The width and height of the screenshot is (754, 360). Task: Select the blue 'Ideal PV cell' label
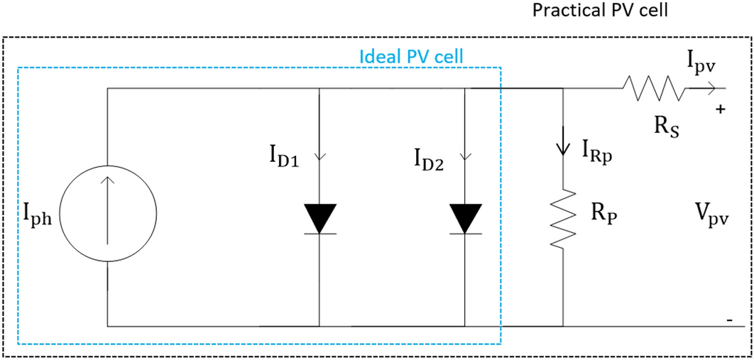(x=412, y=56)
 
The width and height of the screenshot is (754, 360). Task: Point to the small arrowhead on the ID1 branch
(x=319, y=158)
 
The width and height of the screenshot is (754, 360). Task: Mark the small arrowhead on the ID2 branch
(x=465, y=158)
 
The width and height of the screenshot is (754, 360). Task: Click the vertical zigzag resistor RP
(x=562, y=219)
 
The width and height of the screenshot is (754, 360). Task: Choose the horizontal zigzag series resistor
(x=653, y=89)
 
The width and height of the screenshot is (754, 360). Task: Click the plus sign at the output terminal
(x=721, y=111)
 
